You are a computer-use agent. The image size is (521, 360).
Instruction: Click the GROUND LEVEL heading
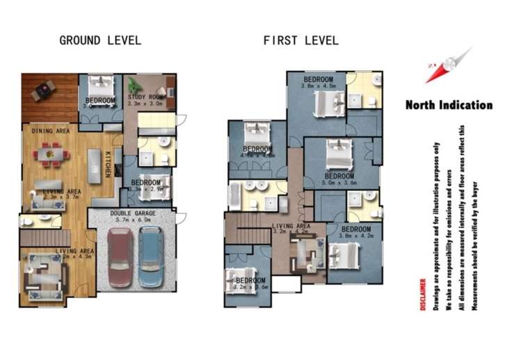100,40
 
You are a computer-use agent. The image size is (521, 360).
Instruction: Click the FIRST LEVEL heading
300,40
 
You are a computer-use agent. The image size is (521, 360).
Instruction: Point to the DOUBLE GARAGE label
131,213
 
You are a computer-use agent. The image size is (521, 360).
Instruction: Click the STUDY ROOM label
147,97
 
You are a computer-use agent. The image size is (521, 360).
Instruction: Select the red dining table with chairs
49,154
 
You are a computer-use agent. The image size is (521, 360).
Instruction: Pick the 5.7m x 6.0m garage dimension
131,221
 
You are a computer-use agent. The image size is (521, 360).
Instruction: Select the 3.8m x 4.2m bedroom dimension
355,236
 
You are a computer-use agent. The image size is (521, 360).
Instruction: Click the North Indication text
449,106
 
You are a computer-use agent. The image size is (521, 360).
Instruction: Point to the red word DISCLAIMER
423,295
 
